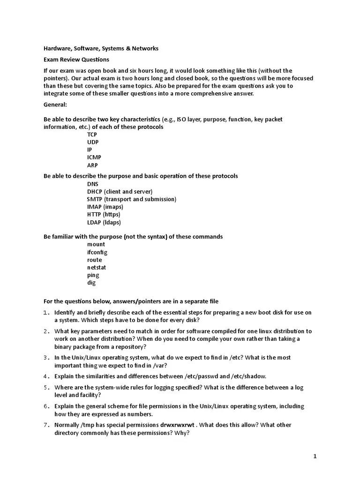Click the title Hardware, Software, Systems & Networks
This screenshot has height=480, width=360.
101,48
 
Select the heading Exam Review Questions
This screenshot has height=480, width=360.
76,60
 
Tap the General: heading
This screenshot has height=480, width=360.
55,104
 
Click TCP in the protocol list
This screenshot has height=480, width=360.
92,135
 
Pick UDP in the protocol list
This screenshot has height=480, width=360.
92,142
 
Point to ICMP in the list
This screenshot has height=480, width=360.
94,157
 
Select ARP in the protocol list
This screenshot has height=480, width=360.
92,165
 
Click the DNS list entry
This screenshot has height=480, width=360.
92,184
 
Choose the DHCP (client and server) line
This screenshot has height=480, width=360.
120,192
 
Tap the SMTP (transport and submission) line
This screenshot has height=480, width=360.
131,199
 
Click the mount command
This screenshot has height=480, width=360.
96,244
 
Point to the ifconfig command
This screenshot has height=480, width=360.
97,252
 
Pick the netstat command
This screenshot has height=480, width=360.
96,267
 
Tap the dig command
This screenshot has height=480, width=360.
91,283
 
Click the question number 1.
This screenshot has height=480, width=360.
46,313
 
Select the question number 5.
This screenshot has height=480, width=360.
46,387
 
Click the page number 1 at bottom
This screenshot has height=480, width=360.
315,456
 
